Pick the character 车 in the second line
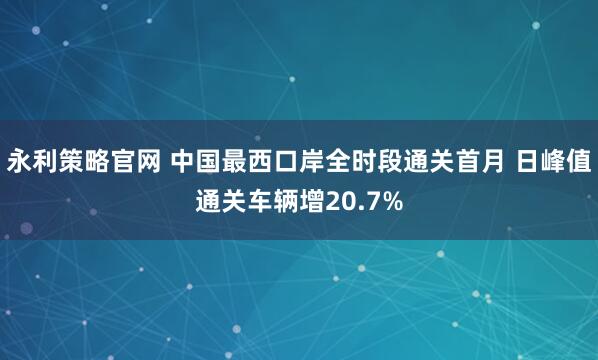pos(259,201)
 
